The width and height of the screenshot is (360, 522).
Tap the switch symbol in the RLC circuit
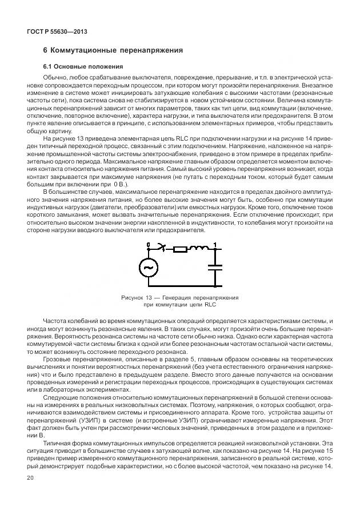click(x=162, y=248)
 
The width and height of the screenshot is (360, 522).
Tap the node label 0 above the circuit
click(x=148, y=245)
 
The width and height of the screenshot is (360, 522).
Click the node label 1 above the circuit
click(x=215, y=245)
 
